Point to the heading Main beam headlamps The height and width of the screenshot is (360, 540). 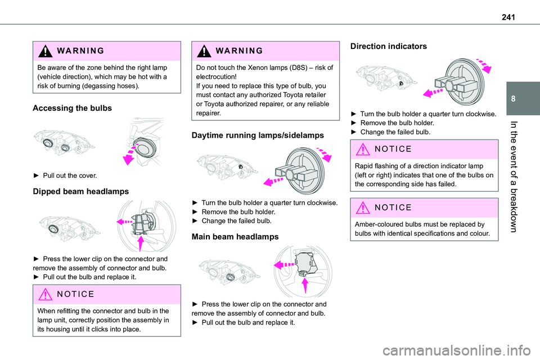pos(235,237)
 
